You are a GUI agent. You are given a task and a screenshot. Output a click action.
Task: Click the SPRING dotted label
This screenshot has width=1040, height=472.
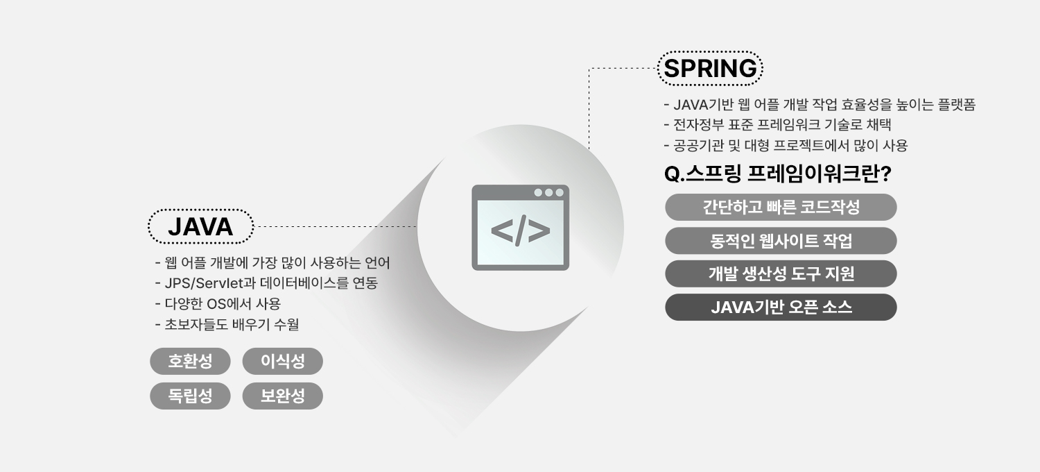tap(710, 68)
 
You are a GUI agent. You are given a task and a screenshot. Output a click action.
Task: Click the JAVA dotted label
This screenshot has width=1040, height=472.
tap(200, 226)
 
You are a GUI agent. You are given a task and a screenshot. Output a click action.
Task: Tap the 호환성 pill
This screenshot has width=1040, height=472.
tap(190, 361)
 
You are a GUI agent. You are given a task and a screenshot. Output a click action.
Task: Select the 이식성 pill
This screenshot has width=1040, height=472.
tap(282, 361)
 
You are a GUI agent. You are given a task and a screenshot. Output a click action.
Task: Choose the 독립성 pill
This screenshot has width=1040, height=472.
tap(190, 396)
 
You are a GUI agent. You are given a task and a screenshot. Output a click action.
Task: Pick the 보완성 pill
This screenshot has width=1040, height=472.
tap(282, 396)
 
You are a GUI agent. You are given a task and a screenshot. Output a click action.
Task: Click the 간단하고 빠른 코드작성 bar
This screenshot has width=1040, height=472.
tap(781, 207)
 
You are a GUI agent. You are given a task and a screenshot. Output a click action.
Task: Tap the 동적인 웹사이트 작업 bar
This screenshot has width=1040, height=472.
tap(781, 240)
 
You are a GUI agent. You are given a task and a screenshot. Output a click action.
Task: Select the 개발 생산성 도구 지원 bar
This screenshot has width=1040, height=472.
tap(781, 273)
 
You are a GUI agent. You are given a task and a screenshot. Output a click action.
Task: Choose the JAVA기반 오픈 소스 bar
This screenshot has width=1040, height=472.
tap(781, 307)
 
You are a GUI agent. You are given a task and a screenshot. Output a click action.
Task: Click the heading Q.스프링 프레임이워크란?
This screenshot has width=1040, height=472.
tap(778, 174)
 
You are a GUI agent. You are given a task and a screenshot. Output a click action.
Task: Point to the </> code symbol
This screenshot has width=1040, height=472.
tap(521, 230)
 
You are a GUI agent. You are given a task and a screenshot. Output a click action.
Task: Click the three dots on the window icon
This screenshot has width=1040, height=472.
tap(549, 192)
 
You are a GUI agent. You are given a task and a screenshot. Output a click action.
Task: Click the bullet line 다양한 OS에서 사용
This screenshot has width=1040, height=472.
tap(218, 303)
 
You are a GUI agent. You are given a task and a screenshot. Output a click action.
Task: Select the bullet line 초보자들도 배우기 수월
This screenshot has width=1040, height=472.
tap(227, 324)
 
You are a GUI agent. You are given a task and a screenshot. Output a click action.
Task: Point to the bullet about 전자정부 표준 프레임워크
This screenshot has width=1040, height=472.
tap(778, 125)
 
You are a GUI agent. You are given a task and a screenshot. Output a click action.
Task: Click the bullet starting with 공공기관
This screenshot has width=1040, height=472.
tap(786, 146)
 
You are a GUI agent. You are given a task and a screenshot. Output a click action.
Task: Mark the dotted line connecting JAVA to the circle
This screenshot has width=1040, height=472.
tap(335, 226)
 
